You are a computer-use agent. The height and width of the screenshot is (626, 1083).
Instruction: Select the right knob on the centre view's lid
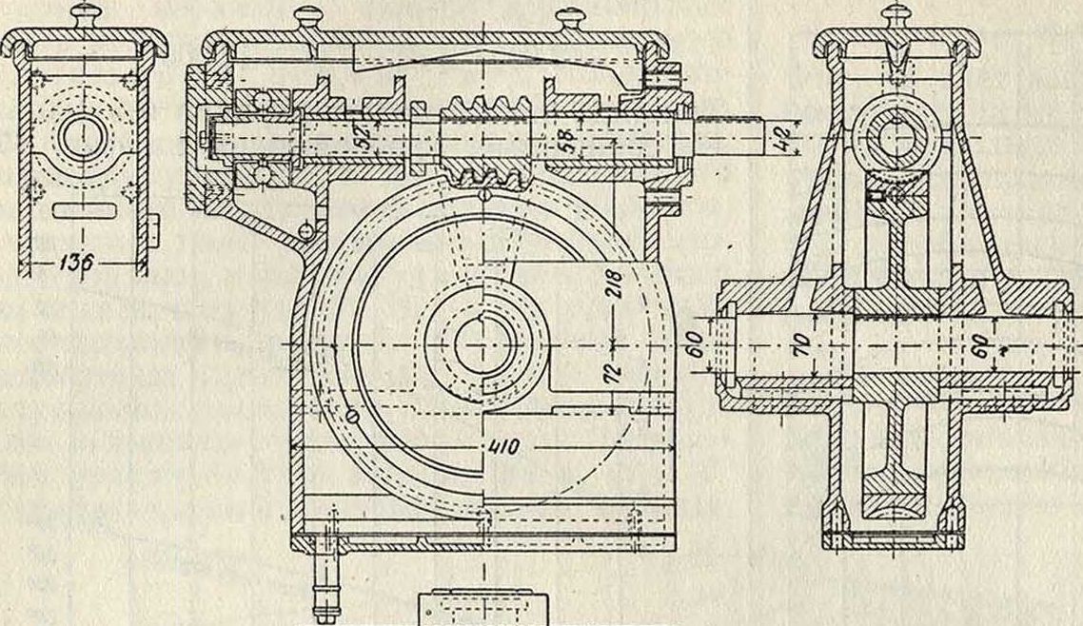tap(571, 17)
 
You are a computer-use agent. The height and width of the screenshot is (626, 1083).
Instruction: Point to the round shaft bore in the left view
tap(84, 136)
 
